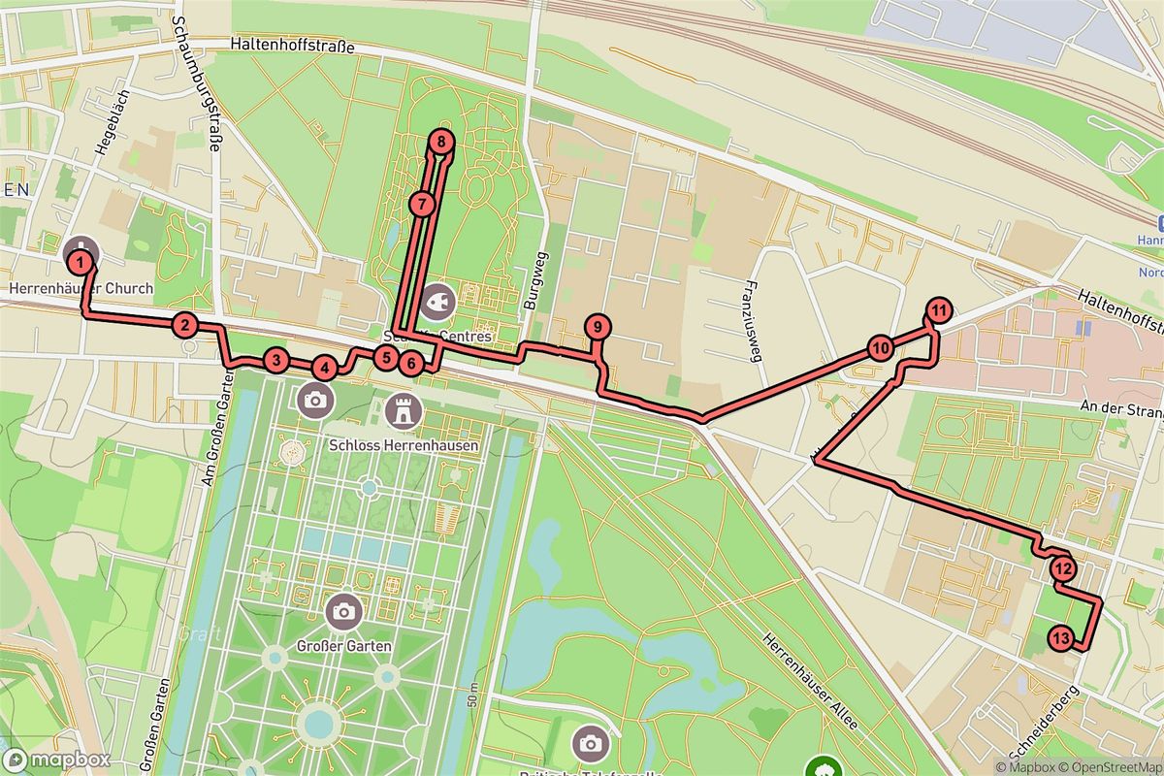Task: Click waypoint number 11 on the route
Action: point(938,310)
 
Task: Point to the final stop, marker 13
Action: point(1060,638)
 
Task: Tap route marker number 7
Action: point(421,205)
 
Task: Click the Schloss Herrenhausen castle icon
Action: point(400,410)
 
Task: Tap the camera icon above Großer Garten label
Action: point(342,611)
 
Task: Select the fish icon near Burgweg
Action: point(437,299)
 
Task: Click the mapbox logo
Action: point(57,760)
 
